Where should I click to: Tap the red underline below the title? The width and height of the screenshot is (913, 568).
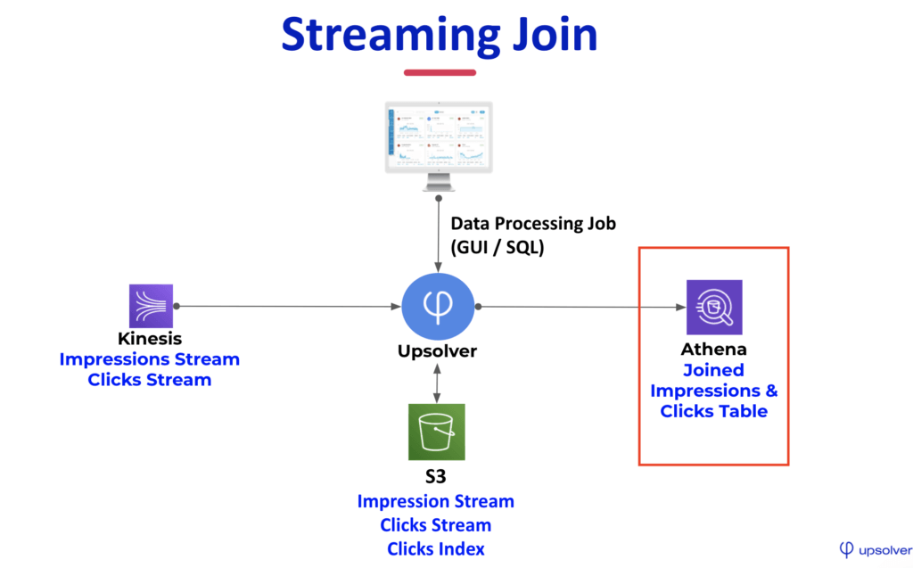pos(439,72)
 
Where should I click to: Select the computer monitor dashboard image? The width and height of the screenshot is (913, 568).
pos(437,139)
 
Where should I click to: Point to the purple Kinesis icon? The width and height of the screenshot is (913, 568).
pos(151,307)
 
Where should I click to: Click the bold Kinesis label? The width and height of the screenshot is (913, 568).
pos(150,339)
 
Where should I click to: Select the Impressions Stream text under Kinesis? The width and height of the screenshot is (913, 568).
pos(150,359)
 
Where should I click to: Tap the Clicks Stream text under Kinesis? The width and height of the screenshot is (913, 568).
pos(150,380)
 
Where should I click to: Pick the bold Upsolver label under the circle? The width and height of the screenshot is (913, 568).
pos(437,351)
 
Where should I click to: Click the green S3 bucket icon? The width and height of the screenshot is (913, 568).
pos(437,432)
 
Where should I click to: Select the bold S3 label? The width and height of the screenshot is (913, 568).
pos(436,476)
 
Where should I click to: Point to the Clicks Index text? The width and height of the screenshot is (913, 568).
pos(436,548)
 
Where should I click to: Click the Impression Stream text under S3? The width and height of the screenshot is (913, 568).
pos(436,501)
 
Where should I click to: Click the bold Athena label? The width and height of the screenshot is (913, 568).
pos(713,349)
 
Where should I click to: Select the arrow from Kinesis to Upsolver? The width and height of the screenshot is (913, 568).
pos(285,307)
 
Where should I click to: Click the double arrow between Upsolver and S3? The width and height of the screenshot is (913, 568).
pos(437,383)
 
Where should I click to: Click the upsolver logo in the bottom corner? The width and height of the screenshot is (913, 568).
pos(875,548)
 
